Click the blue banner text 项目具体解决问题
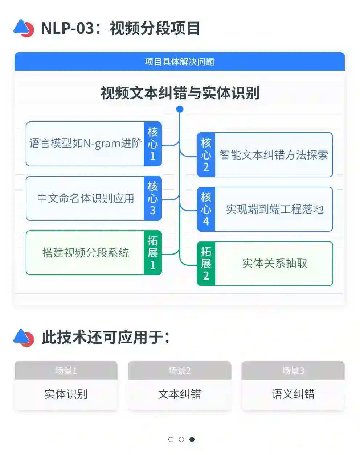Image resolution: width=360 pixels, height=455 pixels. (x=179, y=62)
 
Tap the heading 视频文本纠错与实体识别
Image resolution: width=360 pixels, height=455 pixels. (x=180, y=93)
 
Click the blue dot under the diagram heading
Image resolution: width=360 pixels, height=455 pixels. (x=180, y=109)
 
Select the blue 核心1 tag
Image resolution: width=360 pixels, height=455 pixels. (x=153, y=144)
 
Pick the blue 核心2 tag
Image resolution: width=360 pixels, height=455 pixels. (x=206, y=155)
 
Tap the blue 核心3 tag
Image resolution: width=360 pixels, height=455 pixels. (x=153, y=198)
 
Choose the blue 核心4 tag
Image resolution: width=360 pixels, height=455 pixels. (x=206, y=209)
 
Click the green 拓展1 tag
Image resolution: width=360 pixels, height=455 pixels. (x=153, y=253)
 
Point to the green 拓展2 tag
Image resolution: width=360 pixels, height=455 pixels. (x=206, y=264)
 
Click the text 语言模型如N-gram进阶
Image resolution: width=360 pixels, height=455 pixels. (x=86, y=144)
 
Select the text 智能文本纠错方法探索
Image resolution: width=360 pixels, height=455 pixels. (x=274, y=155)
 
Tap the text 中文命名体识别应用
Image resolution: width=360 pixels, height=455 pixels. (x=86, y=198)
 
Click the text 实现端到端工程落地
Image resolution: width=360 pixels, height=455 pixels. (x=274, y=209)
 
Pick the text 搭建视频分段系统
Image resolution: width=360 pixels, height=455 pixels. (x=86, y=253)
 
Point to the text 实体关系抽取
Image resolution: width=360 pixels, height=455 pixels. (x=275, y=264)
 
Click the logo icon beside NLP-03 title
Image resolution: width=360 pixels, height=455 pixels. (x=24, y=28)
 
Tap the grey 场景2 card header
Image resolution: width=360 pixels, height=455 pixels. (x=180, y=371)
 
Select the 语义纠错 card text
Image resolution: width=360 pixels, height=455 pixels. (x=293, y=394)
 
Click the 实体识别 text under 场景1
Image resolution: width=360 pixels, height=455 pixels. (x=66, y=394)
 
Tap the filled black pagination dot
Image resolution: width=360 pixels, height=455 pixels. (x=192, y=439)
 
